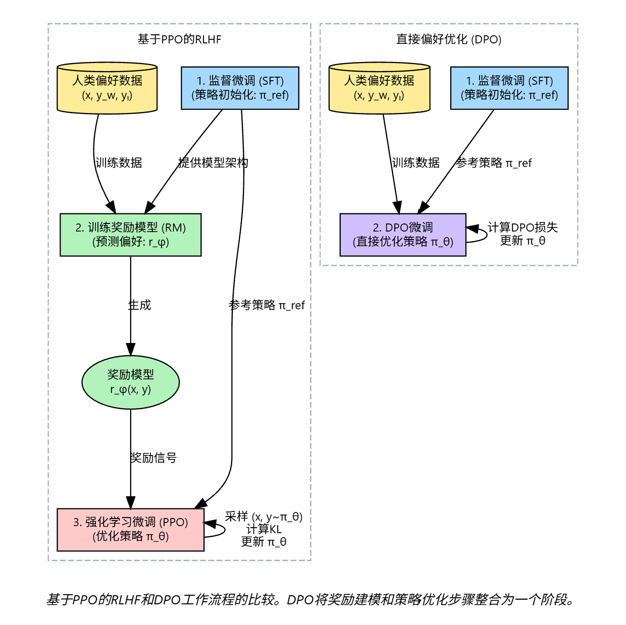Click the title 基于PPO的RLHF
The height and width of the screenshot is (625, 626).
click(x=179, y=39)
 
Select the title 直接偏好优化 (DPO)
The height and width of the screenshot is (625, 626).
click(x=448, y=39)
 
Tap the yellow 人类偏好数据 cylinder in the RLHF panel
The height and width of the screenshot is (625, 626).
click(x=107, y=88)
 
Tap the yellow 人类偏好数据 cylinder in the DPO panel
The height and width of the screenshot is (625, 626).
click(x=379, y=88)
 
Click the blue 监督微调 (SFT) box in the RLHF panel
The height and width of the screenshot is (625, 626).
click(x=240, y=88)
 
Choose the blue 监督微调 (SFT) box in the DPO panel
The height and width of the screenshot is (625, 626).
click(x=509, y=88)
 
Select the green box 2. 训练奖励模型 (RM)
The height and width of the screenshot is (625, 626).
click(x=131, y=235)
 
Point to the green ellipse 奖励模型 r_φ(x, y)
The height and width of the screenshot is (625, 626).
click(x=131, y=382)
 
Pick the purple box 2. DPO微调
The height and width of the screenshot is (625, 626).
click(x=403, y=235)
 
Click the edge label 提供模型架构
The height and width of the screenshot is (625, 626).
click(x=213, y=162)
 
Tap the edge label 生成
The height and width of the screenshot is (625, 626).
click(x=140, y=305)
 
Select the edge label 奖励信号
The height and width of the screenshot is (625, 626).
click(x=153, y=458)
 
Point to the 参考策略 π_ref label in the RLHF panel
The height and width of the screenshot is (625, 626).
click(x=267, y=305)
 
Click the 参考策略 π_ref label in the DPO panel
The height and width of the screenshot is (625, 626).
click(x=494, y=162)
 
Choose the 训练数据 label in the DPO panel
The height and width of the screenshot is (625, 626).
click(x=415, y=162)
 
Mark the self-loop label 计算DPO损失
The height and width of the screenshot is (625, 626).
click(x=523, y=228)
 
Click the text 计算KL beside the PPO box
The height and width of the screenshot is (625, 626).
click(x=264, y=529)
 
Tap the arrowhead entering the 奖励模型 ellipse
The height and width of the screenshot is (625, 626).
click(x=131, y=350)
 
